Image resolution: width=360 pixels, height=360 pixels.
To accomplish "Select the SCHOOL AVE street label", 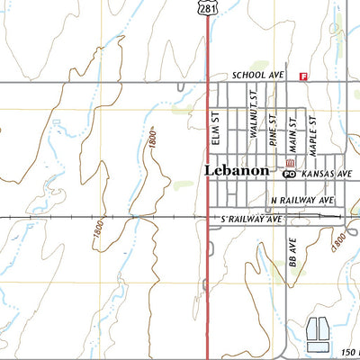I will pyautogui.click(x=257, y=76).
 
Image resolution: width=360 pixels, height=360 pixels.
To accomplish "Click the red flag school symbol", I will pyautogui.click(x=303, y=76).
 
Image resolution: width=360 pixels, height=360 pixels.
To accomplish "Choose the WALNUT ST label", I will pyautogui.click(x=254, y=120).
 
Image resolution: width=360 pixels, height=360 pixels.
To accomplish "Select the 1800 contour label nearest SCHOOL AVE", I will pyautogui.click(x=154, y=139).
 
